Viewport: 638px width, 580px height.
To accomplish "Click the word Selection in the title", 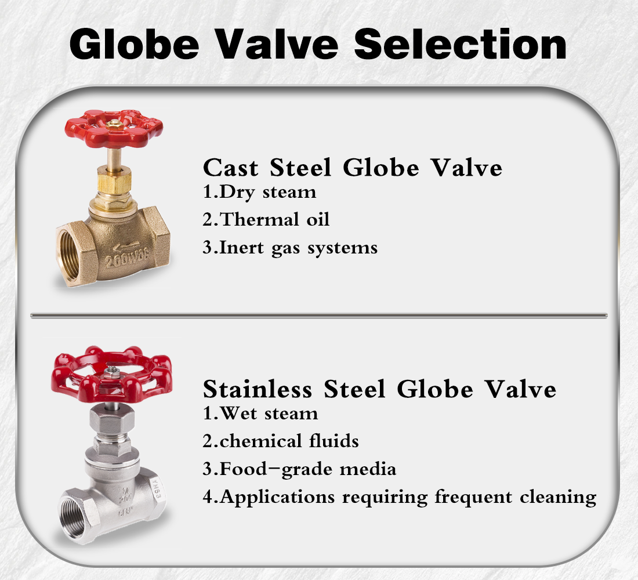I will click(x=461, y=43).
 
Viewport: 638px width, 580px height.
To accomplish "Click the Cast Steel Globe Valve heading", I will click(x=352, y=168).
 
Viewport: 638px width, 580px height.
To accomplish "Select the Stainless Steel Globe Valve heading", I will click(x=379, y=389).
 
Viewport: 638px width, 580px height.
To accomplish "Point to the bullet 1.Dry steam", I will click(x=259, y=192).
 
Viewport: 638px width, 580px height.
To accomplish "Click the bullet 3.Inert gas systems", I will click(x=290, y=248).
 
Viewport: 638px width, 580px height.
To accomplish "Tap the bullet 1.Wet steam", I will click(x=260, y=414).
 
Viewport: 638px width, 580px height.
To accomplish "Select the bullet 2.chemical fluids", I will click(x=280, y=441).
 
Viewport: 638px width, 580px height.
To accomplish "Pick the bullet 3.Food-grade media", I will click(x=299, y=469).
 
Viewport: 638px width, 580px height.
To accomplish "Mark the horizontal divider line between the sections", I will click(x=319, y=316).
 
